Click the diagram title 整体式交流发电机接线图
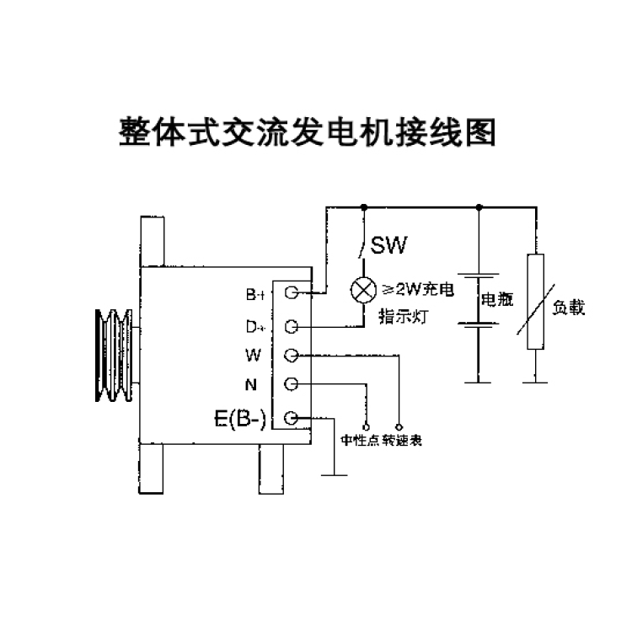[x=307, y=132]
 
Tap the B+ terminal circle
[x=291, y=292]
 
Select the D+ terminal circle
[x=291, y=326]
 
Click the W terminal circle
[x=291, y=355]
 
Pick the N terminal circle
[x=291, y=384]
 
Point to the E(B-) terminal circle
[x=291, y=418]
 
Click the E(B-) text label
[x=240, y=419]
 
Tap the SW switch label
[x=388, y=245]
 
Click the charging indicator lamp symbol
[x=363, y=290]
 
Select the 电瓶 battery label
[x=497, y=299]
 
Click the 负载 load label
[x=568, y=308]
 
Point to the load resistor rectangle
[x=535, y=302]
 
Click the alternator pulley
[x=115, y=355]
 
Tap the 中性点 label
[x=360, y=440]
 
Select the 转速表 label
[x=402, y=440]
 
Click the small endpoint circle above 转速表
[x=399, y=427]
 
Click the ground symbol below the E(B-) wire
[x=335, y=475]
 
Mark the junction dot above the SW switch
[x=364, y=207]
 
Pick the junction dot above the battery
[x=479, y=207]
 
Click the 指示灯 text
[x=403, y=317]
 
